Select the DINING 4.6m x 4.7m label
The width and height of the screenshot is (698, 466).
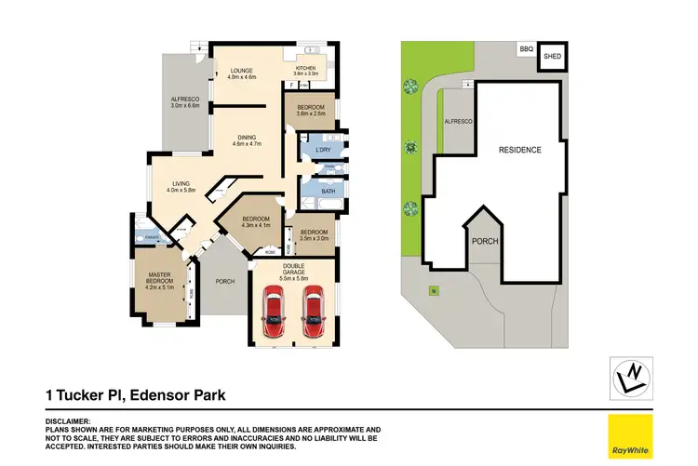pos(247,140)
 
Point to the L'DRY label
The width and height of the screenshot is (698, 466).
pos(324,150)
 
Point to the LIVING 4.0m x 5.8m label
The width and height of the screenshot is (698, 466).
pos(181,186)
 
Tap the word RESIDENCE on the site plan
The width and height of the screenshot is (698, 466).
pos(519,150)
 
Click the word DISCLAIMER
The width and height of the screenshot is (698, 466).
pos(67,420)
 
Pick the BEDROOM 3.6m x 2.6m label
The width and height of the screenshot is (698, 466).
pos(311,111)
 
